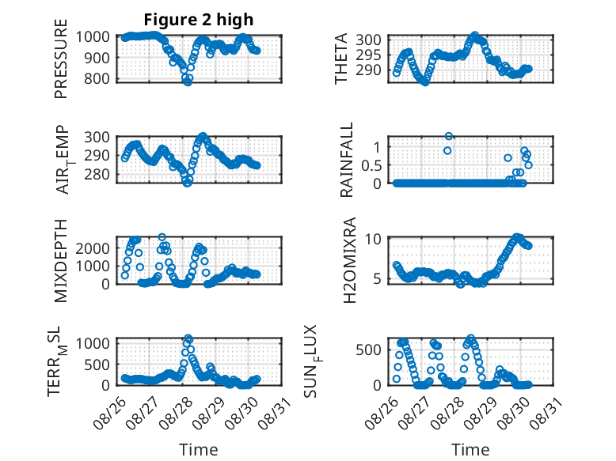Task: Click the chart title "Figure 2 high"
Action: tap(199, 20)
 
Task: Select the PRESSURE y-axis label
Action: tap(61, 59)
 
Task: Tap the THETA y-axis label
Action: tap(341, 59)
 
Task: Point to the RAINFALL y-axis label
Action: tap(347, 160)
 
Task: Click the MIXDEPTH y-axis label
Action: tap(61, 261)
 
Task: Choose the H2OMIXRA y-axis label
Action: tap(349, 260)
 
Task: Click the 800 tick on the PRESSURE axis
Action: tap(97, 78)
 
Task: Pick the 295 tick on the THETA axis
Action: tap(368, 55)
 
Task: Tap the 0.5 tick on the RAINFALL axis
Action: tap(371, 165)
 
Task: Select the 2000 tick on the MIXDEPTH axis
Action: tap(93, 248)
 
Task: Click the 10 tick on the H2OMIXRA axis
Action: tap(373, 239)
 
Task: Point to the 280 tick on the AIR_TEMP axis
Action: tap(97, 174)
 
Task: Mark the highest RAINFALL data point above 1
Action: tap(448, 136)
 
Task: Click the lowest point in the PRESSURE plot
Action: tap(188, 81)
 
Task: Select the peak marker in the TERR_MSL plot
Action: tap(188, 338)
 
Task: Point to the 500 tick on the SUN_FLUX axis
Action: tap(368, 350)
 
